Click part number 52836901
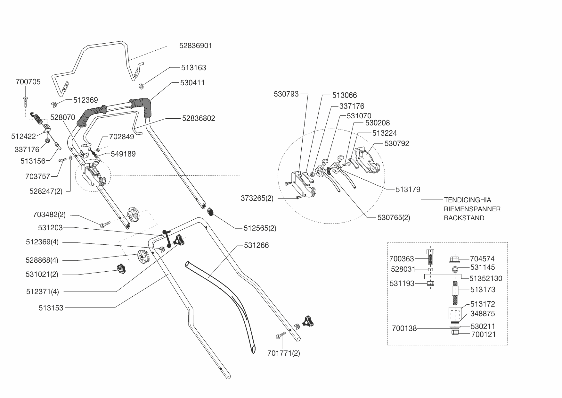(x=195, y=46)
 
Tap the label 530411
(x=192, y=83)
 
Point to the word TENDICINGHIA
(x=467, y=200)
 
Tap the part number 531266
(x=257, y=246)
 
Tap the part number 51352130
(x=486, y=279)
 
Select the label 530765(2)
(x=394, y=218)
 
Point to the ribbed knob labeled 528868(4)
(x=143, y=257)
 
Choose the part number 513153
(x=51, y=308)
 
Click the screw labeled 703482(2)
(x=105, y=224)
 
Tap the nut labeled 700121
(x=455, y=333)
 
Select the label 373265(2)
(x=257, y=199)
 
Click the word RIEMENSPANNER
(x=472, y=209)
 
